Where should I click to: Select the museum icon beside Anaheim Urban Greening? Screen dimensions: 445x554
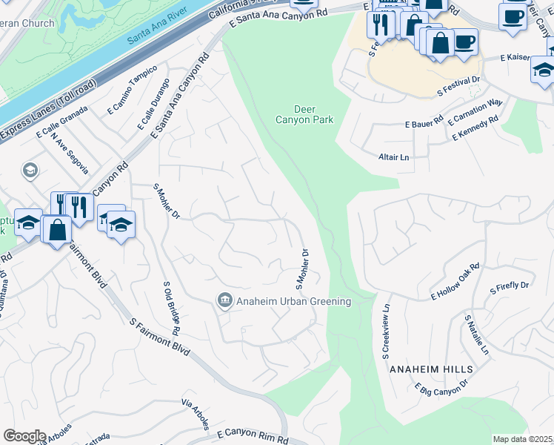pos(224,300)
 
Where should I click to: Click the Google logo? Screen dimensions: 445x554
pos(24,436)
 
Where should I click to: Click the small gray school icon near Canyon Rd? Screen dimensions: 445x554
pos(30,171)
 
